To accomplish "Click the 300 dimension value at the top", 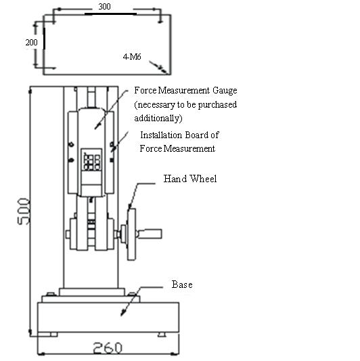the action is [104, 7].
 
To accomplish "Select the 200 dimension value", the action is [32, 43].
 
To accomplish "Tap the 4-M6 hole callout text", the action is [132, 57].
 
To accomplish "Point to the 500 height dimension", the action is [24, 211].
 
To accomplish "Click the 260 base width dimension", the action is [108, 347].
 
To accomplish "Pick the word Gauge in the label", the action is [225, 91].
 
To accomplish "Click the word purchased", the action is [217, 105].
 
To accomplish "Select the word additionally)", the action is [158, 119].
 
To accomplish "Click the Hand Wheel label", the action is [190, 179].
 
